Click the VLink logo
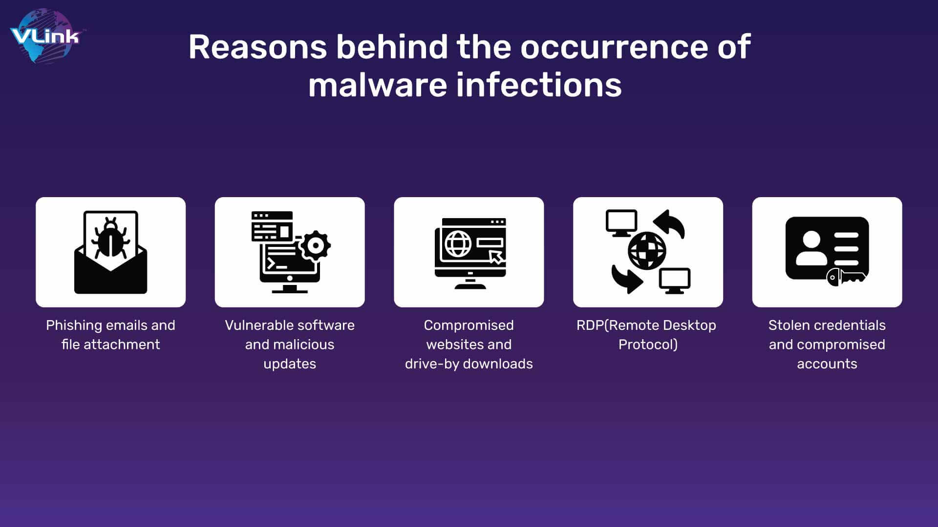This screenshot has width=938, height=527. pyautogui.click(x=45, y=37)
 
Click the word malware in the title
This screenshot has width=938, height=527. pyautogui.click(x=378, y=85)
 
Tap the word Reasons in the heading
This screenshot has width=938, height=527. pyautogui.click(x=257, y=47)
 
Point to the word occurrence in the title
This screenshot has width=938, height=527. pyautogui.click(x=614, y=47)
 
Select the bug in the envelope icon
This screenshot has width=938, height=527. pyautogui.click(x=111, y=238)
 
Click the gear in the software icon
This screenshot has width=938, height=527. pyautogui.click(x=315, y=245)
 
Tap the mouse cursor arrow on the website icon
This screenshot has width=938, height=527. pyautogui.click(x=496, y=257)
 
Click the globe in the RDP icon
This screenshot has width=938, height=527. pyautogui.click(x=647, y=251)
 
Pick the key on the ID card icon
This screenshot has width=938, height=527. pyautogui.click(x=846, y=277)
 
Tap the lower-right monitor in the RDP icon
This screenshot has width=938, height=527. pyautogui.click(x=675, y=281)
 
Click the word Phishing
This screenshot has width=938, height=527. pyautogui.click(x=74, y=325)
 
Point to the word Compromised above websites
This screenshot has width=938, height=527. pyautogui.click(x=469, y=325)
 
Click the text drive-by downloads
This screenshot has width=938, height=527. pyautogui.click(x=469, y=364)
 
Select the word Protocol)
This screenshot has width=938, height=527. pyautogui.click(x=648, y=345)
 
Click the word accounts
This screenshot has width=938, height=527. pyautogui.click(x=827, y=364)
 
